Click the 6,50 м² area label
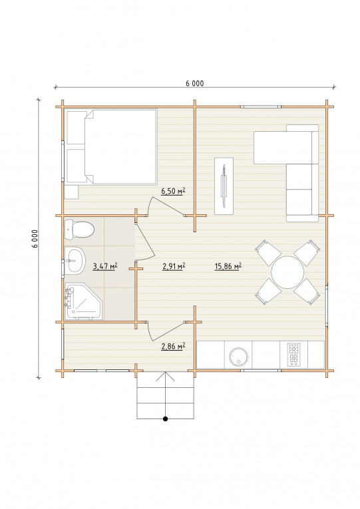click(173, 191)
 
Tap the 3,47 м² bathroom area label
click(105, 267)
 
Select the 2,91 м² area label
click(174, 267)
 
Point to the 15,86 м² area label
click(228, 267)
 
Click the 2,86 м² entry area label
click(173, 347)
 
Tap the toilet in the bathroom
click(79, 229)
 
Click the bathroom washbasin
click(75, 260)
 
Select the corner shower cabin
click(83, 301)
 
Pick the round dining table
click(287, 272)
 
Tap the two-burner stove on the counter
click(293, 355)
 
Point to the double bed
click(112, 147)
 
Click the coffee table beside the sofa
click(224, 186)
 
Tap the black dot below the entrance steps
click(165, 419)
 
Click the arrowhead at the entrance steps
click(166, 376)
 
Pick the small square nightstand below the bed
click(71, 192)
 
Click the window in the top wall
click(261, 106)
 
